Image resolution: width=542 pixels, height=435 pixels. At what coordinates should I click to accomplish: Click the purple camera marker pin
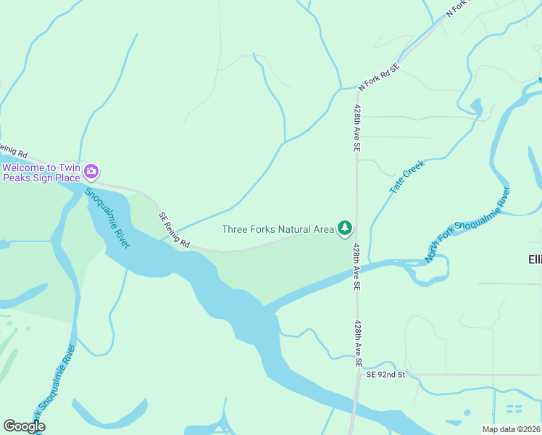pos(91,172)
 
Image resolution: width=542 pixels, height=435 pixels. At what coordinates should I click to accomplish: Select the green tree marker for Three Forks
pos(346,228)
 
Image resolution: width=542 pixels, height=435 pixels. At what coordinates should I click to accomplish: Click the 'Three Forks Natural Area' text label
pos(278,229)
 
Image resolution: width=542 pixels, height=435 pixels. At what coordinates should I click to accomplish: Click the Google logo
pos(24,426)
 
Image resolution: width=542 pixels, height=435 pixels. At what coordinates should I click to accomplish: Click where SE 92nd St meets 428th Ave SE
pos(358,374)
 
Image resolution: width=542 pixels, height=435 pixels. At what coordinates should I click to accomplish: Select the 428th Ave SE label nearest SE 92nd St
pos(357,344)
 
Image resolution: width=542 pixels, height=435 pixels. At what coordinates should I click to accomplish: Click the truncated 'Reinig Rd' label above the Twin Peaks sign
pos(14,153)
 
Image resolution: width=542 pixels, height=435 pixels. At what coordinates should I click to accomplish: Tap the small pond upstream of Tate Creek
pos(476,107)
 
